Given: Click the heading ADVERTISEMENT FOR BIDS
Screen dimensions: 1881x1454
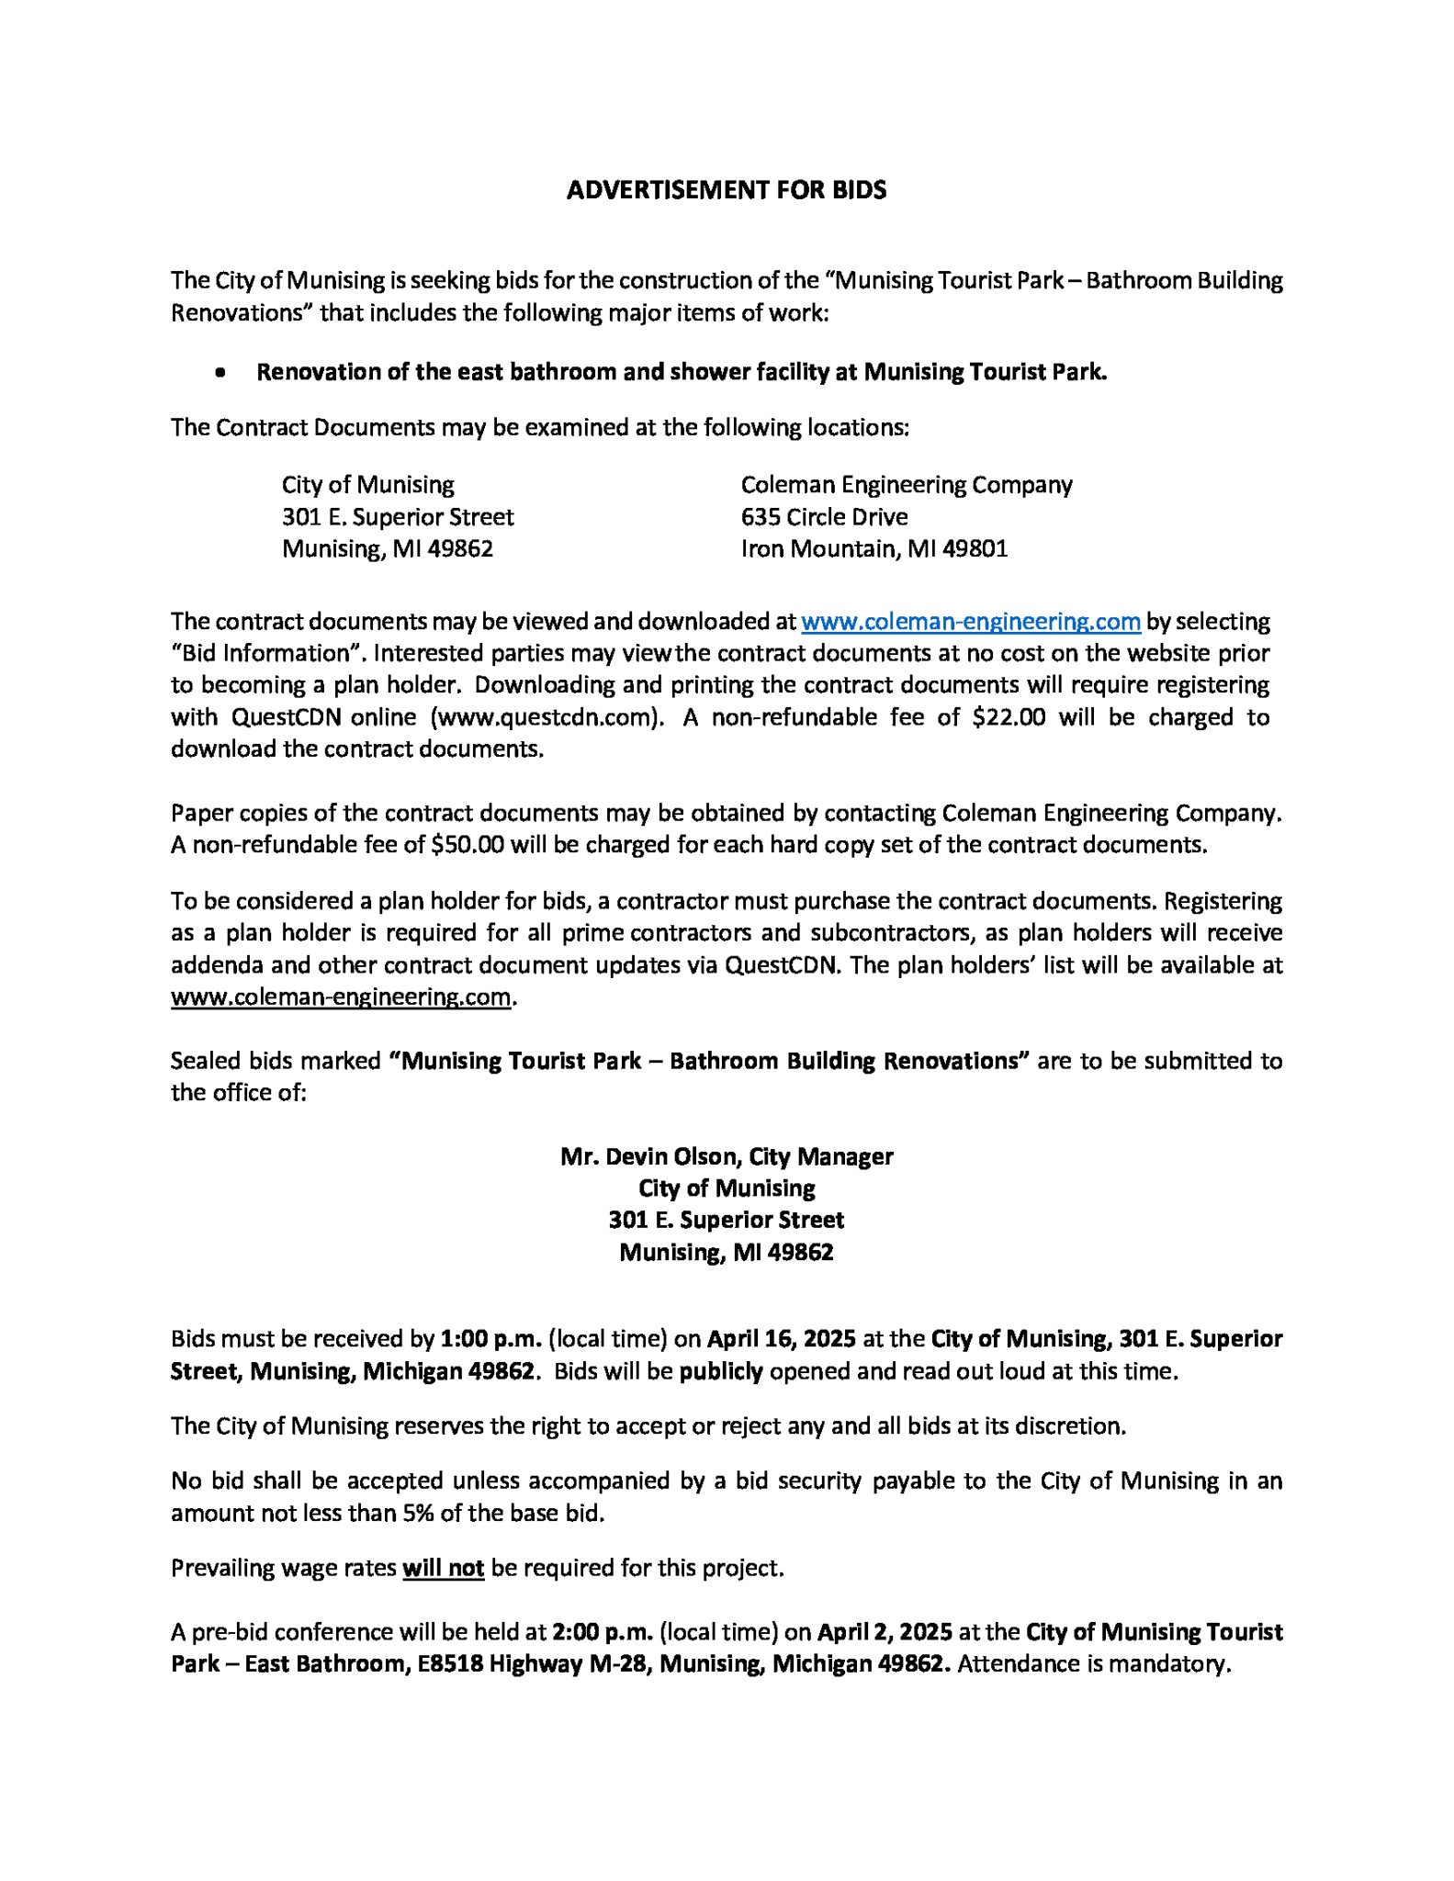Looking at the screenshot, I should pos(726,190).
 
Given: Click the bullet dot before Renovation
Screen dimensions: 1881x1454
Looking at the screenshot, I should pos(220,373).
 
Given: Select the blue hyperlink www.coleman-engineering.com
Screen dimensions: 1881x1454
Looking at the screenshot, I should pos(971,622).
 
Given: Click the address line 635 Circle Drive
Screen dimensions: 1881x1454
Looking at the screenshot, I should pos(824,517).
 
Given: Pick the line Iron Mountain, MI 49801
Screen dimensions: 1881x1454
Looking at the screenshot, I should pos(874,549).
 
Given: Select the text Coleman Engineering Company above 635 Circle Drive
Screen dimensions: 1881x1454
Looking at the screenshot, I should pos(906,485).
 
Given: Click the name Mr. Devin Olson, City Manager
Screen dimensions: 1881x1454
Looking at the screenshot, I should pos(726,1156).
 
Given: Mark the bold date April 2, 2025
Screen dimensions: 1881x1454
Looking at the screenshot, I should pos(884,1632).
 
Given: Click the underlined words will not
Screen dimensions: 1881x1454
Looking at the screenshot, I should pos(443,1568).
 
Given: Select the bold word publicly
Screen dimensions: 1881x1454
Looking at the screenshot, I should pos(721,1371).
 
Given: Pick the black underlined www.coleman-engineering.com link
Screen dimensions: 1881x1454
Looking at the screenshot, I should pos(340,997).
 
